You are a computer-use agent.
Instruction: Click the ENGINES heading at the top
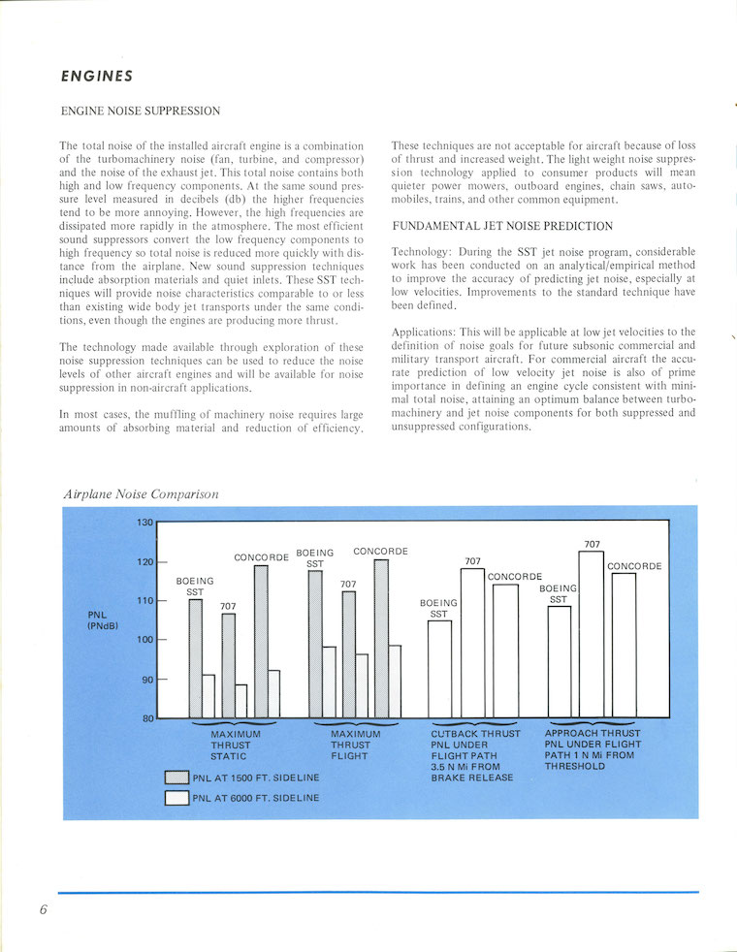96,75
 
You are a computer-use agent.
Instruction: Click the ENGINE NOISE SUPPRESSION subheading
140,111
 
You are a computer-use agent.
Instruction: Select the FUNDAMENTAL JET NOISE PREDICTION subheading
502,226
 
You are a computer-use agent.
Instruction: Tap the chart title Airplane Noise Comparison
141,493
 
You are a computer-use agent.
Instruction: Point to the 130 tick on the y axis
144,523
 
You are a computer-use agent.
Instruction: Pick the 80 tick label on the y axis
147,718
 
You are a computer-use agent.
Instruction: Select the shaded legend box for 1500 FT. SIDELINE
176,777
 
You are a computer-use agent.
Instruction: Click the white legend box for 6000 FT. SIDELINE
176,799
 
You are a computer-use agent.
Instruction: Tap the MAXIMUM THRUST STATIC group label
234,745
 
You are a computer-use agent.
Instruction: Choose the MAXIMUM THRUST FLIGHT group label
354,745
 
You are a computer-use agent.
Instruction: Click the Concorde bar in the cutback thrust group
505,651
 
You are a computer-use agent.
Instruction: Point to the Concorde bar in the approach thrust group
624,645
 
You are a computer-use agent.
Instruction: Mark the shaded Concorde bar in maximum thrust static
260,641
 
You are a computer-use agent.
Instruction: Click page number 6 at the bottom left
45,911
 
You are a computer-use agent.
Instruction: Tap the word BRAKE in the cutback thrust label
450,777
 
